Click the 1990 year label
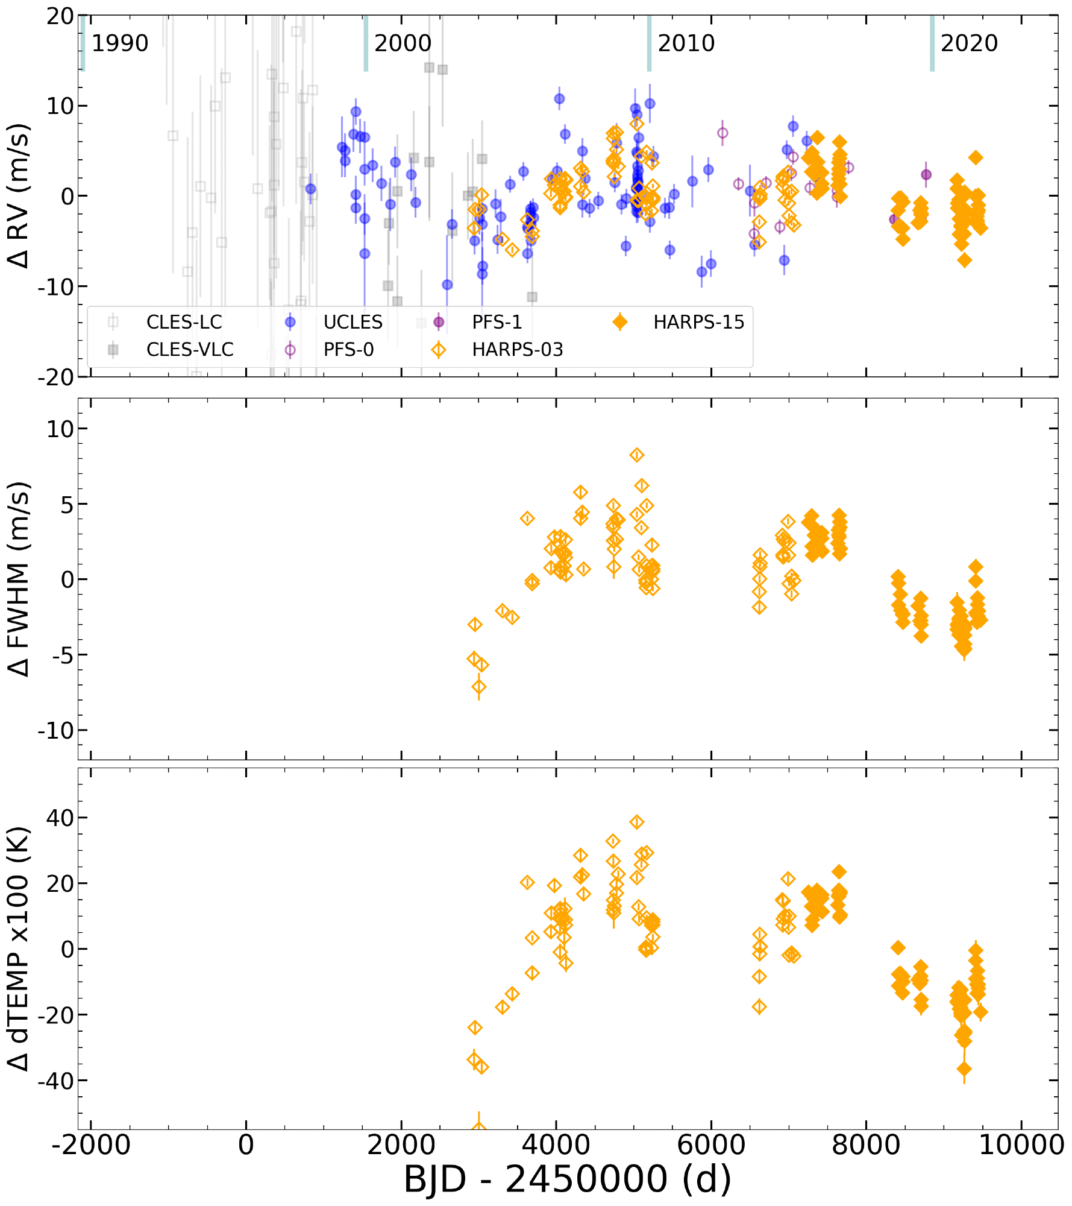(119, 43)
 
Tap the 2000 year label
(403, 43)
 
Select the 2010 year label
(686, 43)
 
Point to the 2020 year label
(969, 43)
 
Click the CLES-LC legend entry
(184, 322)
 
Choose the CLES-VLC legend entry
(189, 349)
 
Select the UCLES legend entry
(353, 322)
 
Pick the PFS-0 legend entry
(348, 349)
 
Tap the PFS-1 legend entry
(497, 322)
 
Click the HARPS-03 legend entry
(517, 349)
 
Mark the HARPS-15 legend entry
(698, 322)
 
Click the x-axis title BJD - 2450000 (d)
(567, 1179)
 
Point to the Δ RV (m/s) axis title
(19, 196)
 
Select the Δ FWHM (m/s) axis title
(19, 579)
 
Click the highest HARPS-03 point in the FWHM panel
(637, 455)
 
